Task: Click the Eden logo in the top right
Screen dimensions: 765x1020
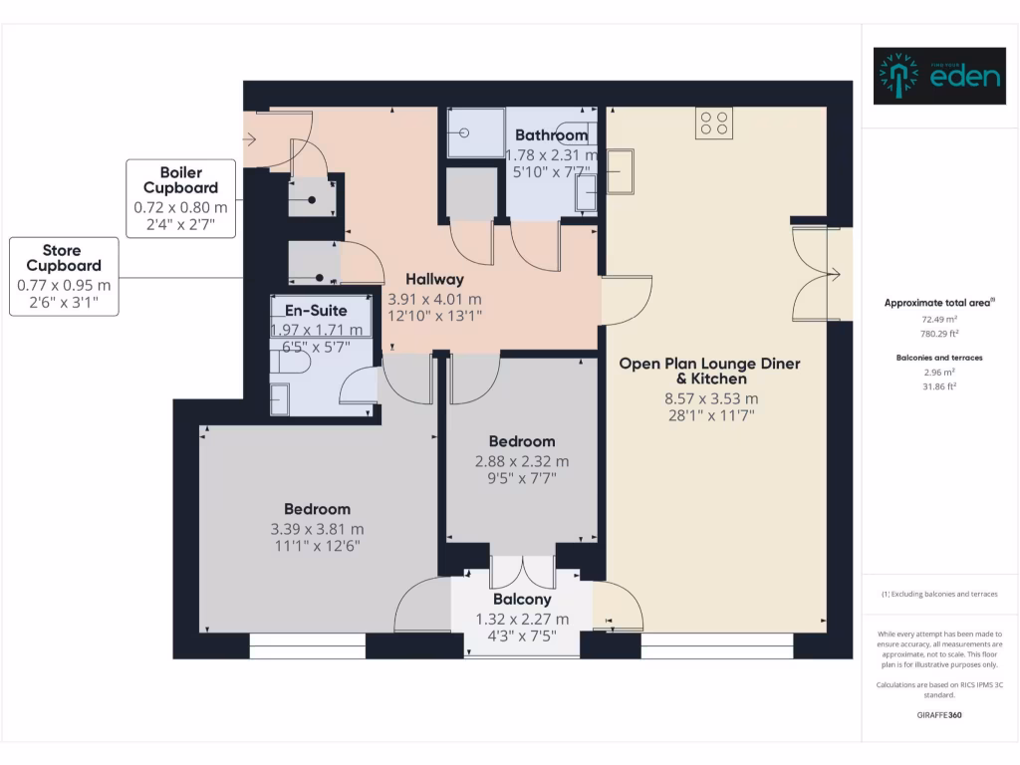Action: (938, 76)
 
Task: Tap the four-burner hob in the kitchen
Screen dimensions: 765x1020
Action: (714, 123)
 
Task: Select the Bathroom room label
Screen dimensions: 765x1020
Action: (551, 135)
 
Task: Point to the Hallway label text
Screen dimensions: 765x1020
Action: (433, 280)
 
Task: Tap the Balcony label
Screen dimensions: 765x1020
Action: (522, 600)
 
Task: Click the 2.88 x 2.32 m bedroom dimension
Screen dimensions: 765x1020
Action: (521, 461)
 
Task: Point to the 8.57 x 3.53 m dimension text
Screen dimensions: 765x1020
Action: (709, 399)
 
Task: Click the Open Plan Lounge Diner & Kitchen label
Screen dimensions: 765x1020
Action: (709, 371)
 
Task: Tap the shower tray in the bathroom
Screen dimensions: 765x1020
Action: (475, 132)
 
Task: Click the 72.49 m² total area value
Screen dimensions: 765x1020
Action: (939, 320)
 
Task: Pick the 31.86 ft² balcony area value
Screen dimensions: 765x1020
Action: (939, 385)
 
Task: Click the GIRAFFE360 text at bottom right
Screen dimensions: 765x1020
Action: (939, 715)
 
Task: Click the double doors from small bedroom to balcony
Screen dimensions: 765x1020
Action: (523, 571)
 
